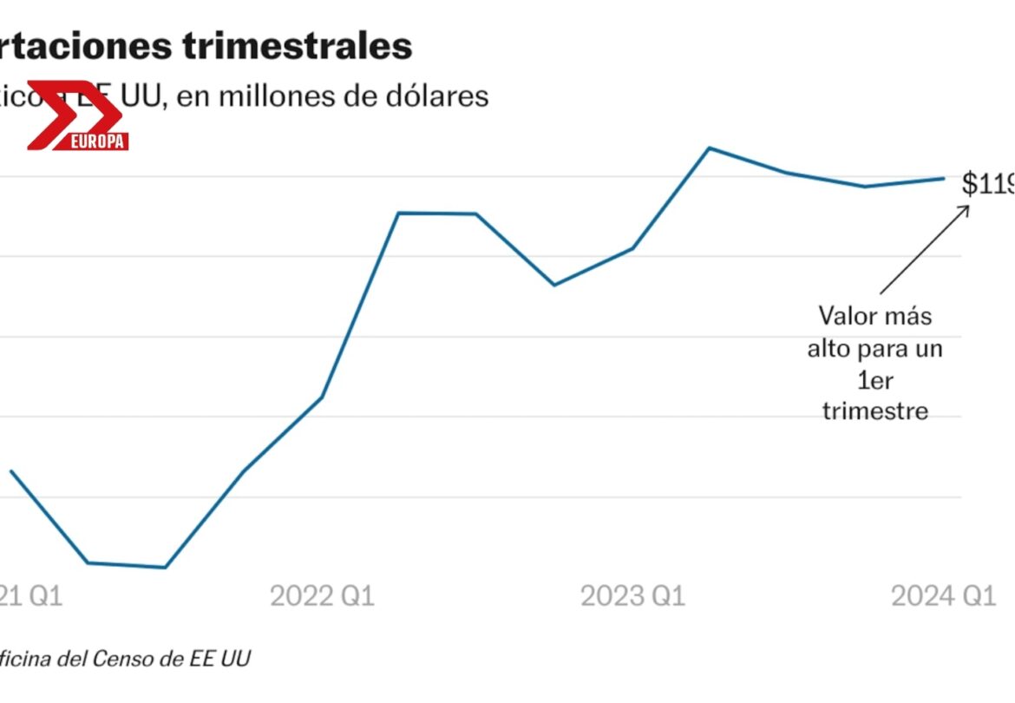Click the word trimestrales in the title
tap(298, 46)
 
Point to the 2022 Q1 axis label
tap(322, 596)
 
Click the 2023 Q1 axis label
tap(632, 596)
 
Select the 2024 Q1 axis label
tap(943, 596)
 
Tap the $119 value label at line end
tap(987, 183)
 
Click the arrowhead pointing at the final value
tap(966, 208)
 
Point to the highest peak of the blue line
tap(709, 148)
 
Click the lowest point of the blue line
tap(165, 568)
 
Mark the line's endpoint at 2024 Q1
tap(944, 179)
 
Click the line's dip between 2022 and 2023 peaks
tap(554, 285)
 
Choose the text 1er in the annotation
tap(874, 379)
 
